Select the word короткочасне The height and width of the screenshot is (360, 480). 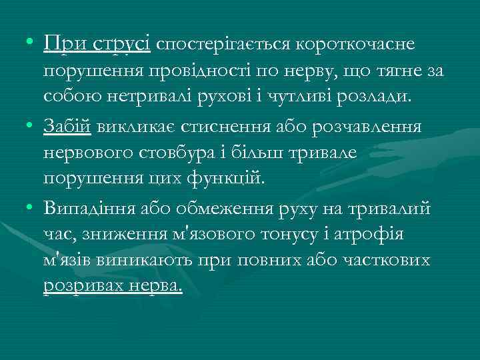[356, 45]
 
